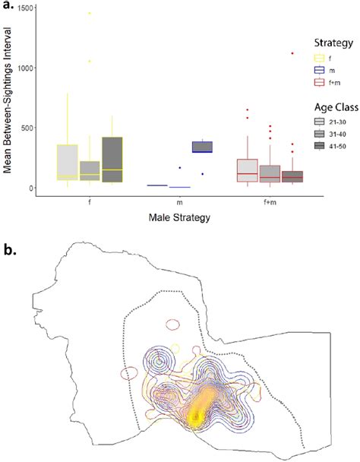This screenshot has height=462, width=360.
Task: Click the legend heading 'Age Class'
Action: click(319, 106)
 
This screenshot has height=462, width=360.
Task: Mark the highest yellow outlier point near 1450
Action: click(89, 13)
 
